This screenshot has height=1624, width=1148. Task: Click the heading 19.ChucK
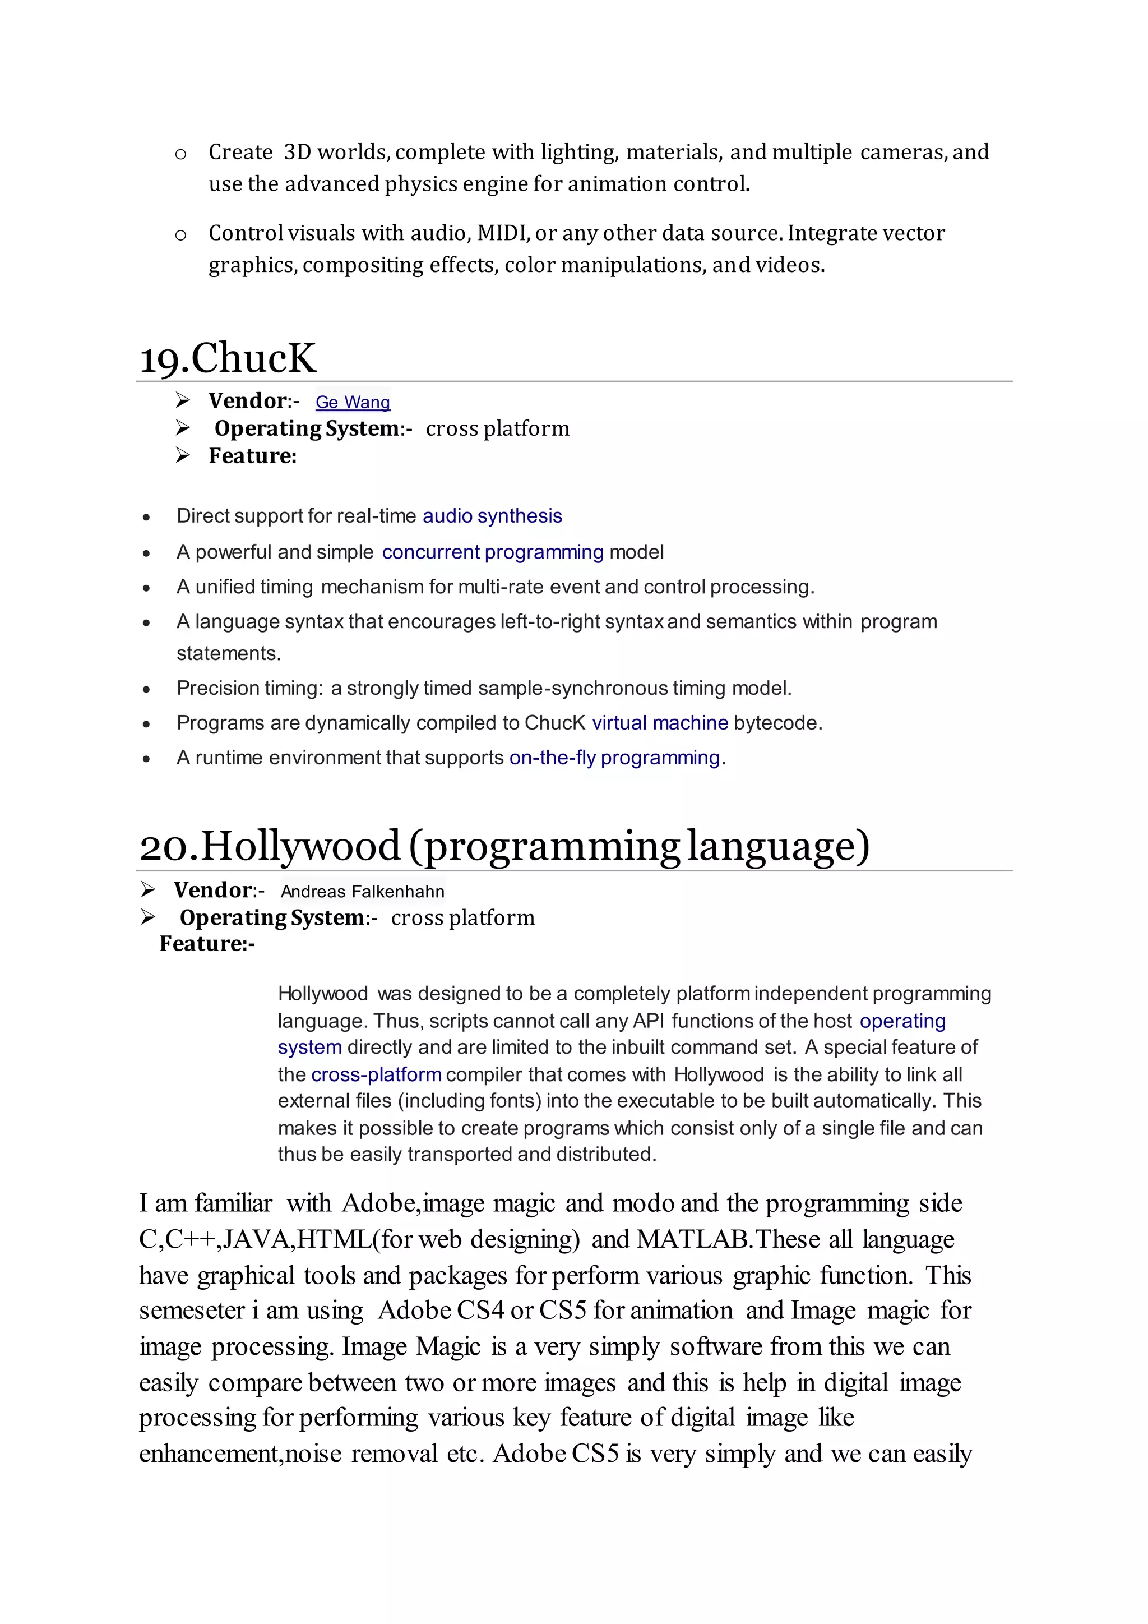(x=228, y=358)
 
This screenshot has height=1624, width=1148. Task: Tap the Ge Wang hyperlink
(x=352, y=403)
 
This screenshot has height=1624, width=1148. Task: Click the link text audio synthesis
(x=492, y=516)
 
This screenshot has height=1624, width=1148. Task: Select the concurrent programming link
(x=493, y=552)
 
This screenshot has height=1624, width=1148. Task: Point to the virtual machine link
(x=660, y=723)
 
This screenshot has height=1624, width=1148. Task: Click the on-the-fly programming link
(x=614, y=758)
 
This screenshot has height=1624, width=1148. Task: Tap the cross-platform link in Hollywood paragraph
(x=376, y=1074)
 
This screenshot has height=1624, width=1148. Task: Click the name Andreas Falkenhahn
(x=363, y=892)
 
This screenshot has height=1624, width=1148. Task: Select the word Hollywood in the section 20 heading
(x=301, y=846)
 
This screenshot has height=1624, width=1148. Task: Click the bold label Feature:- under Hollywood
(x=207, y=944)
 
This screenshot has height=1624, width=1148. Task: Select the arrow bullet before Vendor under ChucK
(x=183, y=401)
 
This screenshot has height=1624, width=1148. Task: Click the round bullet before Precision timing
(x=146, y=690)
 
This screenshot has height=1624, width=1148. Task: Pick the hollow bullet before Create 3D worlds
(x=180, y=154)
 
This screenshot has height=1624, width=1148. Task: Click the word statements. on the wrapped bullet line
(x=228, y=653)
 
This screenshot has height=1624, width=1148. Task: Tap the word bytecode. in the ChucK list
(x=778, y=723)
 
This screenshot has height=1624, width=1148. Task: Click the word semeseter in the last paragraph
(x=192, y=1311)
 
